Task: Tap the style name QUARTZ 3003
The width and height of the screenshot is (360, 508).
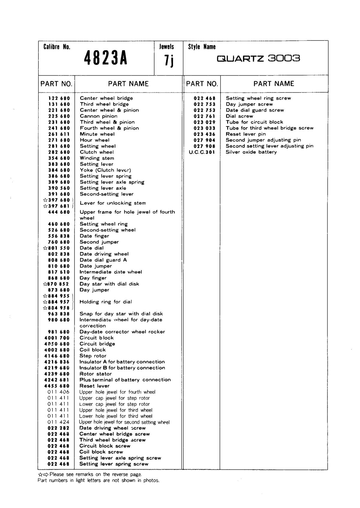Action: (258, 58)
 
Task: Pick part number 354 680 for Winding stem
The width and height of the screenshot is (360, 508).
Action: (59, 158)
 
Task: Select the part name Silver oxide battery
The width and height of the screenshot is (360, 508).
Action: (251, 152)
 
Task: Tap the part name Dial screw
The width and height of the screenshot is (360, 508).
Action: (239, 116)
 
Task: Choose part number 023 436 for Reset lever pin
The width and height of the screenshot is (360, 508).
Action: (204, 134)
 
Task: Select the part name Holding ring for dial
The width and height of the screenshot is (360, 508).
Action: (106, 302)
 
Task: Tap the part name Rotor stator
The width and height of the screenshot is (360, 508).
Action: (95, 374)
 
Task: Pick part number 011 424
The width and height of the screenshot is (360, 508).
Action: (58, 422)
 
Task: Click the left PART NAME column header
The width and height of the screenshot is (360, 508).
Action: (128, 84)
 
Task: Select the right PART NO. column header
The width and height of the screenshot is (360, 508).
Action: (202, 84)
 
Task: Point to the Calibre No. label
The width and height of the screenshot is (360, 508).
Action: (57, 47)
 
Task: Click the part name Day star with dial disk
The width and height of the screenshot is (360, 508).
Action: (109, 284)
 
